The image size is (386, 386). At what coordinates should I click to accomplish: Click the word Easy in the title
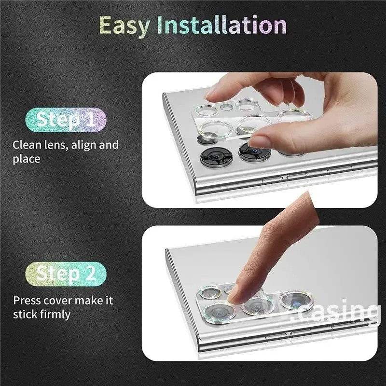[x=124, y=26]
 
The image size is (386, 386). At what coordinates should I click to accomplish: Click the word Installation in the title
[x=222, y=25]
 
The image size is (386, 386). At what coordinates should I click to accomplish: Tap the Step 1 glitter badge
[x=66, y=120]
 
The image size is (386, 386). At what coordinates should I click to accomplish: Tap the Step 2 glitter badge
[x=66, y=274]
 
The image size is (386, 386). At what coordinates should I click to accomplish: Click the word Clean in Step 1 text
[x=27, y=145]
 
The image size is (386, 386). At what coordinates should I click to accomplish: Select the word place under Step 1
[x=27, y=159]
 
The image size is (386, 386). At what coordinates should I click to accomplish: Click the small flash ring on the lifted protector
[x=227, y=107]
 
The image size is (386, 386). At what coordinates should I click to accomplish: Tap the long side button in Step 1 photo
[x=340, y=169]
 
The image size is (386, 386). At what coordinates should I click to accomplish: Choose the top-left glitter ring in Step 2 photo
[x=211, y=292]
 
